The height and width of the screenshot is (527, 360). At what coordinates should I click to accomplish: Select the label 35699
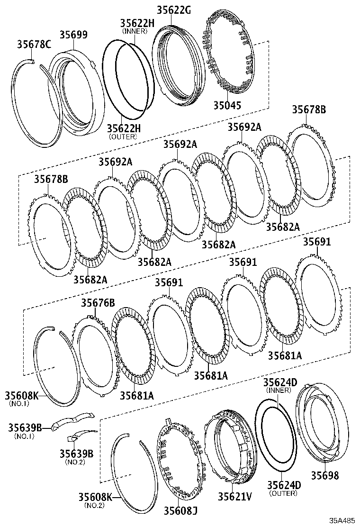pyautogui.click(x=73, y=35)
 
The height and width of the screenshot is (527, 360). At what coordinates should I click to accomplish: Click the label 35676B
pyautogui.click(x=98, y=303)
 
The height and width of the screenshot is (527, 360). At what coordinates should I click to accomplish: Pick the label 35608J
pyautogui.click(x=181, y=510)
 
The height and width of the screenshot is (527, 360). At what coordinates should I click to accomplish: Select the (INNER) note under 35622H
pyautogui.click(x=135, y=31)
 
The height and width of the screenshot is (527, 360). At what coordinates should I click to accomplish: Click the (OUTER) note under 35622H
pyautogui.click(x=123, y=136)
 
